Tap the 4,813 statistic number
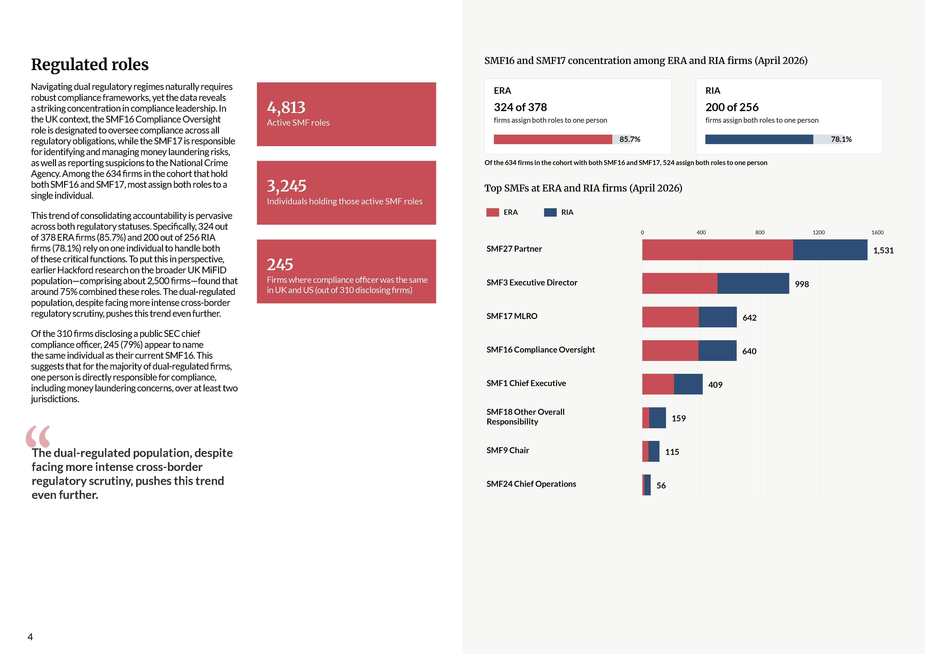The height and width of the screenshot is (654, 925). pyautogui.click(x=286, y=108)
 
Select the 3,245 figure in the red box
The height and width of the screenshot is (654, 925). pyautogui.click(x=286, y=186)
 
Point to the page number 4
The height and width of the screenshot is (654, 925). pyautogui.click(x=30, y=637)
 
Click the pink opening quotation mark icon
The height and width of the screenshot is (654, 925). pyautogui.click(x=38, y=437)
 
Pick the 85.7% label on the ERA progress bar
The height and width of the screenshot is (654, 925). pyautogui.click(x=630, y=139)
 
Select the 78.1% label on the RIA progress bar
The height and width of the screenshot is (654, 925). pyautogui.click(x=841, y=139)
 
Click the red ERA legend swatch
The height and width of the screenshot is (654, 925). pyautogui.click(x=492, y=212)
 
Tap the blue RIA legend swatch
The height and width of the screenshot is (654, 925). pyautogui.click(x=550, y=212)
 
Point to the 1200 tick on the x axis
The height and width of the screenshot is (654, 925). pyautogui.click(x=818, y=232)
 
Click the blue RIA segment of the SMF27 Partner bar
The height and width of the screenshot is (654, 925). pyautogui.click(x=830, y=250)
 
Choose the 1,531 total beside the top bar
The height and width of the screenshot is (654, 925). pyautogui.click(x=883, y=251)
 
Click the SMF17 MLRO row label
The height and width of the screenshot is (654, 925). pyautogui.click(x=512, y=316)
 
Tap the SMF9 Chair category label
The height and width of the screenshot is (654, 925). pyautogui.click(x=508, y=450)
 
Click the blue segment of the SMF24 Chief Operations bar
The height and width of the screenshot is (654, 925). pyautogui.click(x=647, y=485)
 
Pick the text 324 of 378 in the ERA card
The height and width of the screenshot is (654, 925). pyautogui.click(x=520, y=107)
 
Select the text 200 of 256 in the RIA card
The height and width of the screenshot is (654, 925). pyautogui.click(x=732, y=107)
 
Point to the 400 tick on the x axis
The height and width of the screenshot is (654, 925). pyautogui.click(x=701, y=232)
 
